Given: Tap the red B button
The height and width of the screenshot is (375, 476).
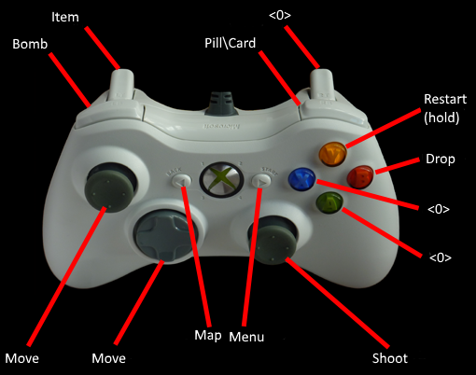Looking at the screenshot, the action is click(x=360, y=176).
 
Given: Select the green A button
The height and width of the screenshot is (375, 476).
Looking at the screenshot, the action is click(x=329, y=203).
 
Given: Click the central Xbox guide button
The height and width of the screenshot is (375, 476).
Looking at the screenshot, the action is click(x=221, y=179).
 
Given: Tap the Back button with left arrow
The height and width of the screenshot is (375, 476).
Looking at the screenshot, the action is click(x=181, y=180).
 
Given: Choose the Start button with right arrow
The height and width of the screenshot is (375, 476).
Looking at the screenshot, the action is click(x=261, y=181).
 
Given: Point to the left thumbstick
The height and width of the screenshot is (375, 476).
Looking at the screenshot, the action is click(x=109, y=187).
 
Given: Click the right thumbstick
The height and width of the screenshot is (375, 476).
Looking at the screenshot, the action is click(x=273, y=240).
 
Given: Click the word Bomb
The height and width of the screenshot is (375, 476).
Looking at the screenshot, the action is click(x=30, y=44).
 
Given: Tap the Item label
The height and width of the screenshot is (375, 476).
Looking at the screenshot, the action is click(x=65, y=17).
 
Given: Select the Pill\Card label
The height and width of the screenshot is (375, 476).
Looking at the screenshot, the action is click(x=230, y=43).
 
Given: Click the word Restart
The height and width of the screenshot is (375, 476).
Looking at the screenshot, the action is click(x=445, y=99).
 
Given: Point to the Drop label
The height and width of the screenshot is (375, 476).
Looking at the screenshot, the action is click(x=441, y=160).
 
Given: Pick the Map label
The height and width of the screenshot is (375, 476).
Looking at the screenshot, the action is click(x=208, y=336).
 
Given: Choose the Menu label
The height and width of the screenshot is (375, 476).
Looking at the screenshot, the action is click(x=246, y=337).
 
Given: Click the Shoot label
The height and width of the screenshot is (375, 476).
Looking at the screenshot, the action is click(x=390, y=358).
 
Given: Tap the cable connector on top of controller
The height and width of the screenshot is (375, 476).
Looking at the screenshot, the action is click(x=221, y=104).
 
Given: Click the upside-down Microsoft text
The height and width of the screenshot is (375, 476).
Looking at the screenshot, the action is click(x=221, y=127).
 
